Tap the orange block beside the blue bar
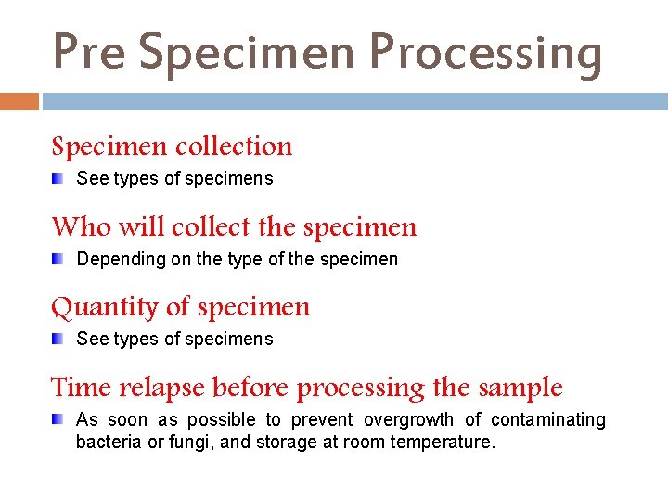tap(19, 101)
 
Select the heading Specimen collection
tap(172, 147)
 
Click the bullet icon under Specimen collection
tap(58, 178)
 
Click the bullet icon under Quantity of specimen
tap(58, 339)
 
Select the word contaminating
tap(547, 420)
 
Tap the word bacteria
tap(109, 443)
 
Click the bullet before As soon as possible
tap(58, 419)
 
